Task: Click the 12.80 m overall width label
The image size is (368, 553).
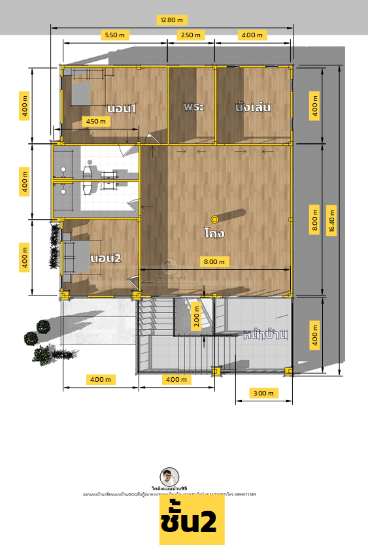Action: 172,20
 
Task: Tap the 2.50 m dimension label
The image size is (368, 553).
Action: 190,35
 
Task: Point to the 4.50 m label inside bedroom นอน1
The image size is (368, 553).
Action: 95,121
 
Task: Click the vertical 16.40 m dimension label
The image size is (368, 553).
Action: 333,220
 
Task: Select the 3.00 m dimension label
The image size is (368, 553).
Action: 263,393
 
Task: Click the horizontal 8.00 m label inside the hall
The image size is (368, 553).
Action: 214,261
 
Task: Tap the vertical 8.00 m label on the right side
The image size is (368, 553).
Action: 314,220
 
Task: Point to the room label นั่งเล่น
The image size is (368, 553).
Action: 253,106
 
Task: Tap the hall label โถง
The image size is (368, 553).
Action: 214,232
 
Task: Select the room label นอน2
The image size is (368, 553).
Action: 107,258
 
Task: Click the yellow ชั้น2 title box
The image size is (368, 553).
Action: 192,523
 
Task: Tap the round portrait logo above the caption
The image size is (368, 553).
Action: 169,477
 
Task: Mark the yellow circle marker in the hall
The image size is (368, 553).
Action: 214,219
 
